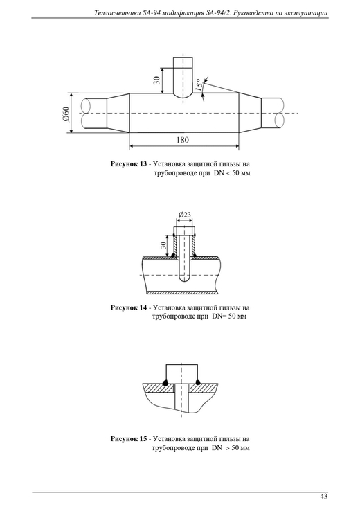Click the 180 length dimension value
pos(183,140)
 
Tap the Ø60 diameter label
pos(66,114)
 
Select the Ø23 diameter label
pos(184,215)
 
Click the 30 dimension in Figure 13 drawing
pos(156,80)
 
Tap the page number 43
pos(323,496)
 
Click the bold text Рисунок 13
pos(129,164)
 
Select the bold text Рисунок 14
pos(129,307)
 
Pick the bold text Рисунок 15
pos(129,439)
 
